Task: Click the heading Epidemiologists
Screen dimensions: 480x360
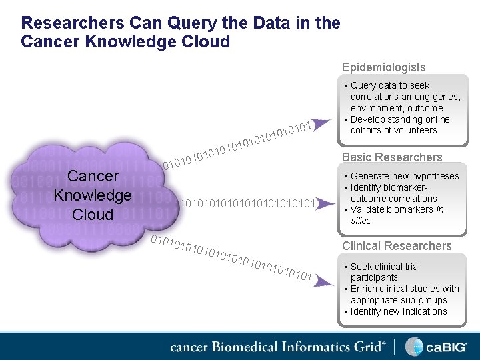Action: [x=383, y=67]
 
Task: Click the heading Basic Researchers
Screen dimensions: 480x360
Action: [x=392, y=157]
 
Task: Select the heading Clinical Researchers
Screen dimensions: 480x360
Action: [x=397, y=246]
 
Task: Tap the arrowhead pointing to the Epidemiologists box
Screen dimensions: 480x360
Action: [x=321, y=123]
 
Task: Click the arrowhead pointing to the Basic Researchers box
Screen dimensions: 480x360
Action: [x=323, y=203]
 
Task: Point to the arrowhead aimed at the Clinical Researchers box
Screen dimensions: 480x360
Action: [x=323, y=282]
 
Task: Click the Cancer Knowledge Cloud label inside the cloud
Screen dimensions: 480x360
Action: [x=93, y=195]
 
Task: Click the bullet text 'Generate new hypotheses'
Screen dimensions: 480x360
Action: [x=405, y=176]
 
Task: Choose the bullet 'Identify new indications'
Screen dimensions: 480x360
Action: [x=399, y=311]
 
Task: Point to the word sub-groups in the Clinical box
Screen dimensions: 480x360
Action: [x=422, y=300]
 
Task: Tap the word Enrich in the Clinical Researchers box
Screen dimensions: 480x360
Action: [x=364, y=289]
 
